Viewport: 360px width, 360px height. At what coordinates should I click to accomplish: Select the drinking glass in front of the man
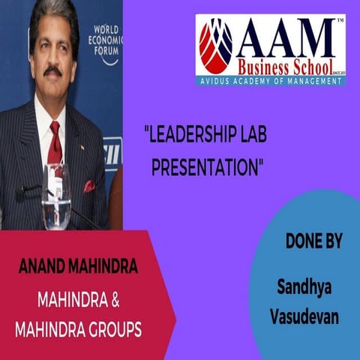click(x=56, y=196)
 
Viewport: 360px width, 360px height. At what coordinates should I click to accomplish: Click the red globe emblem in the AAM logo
click(x=216, y=46)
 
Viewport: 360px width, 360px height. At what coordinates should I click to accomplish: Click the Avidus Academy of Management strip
click(x=271, y=80)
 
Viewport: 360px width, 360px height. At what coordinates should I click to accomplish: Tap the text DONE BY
click(x=313, y=242)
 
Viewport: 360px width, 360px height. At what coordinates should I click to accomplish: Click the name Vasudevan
click(x=304, y=316)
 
